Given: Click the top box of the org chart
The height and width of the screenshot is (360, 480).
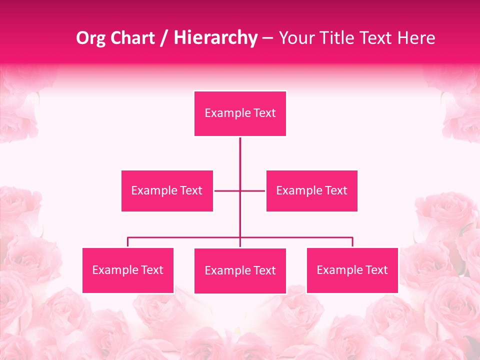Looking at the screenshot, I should click(x=240, y=113).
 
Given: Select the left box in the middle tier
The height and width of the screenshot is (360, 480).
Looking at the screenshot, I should click(x=167, y=190).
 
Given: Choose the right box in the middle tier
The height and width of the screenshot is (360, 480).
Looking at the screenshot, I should click(x=311, y=190).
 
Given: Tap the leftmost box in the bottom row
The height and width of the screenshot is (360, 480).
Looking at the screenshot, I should click(x=128, y=270).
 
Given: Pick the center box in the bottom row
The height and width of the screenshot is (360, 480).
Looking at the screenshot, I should click(x=240, y=270).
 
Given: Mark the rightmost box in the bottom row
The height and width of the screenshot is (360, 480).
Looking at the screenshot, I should click(x=352, y=270).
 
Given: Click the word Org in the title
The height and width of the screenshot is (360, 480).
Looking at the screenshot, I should click(x=91, y=38).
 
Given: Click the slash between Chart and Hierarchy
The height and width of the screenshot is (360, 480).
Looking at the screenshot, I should click(x=164, y=38).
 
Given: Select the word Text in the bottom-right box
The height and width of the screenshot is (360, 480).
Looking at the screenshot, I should click(x=376, y=270).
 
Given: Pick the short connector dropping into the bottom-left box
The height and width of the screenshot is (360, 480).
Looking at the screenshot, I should click(x=128, y=242).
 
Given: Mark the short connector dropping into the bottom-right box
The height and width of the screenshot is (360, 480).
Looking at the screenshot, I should click(x=352, y=242).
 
